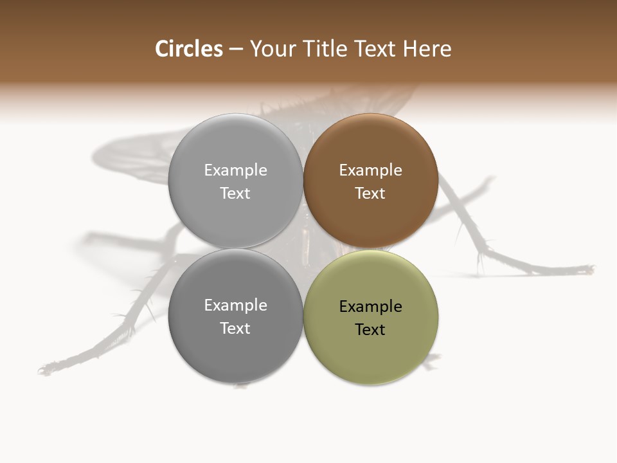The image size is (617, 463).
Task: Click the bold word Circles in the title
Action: point(189,49)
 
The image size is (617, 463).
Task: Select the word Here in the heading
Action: point(427,49)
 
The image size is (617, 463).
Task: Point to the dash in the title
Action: point(236,50)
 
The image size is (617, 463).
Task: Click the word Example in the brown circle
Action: point(370,170)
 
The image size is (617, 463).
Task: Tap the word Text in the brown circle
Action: point(370,194)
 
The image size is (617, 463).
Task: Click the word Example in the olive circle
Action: point(370,307)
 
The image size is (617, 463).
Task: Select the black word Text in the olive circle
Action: point(370,330)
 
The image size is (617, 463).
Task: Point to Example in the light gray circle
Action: point(235,170)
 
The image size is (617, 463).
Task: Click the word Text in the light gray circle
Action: point(235,194)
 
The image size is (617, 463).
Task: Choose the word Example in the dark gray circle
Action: point(235,305)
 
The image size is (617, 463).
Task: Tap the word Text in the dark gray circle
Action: point(235,329)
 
